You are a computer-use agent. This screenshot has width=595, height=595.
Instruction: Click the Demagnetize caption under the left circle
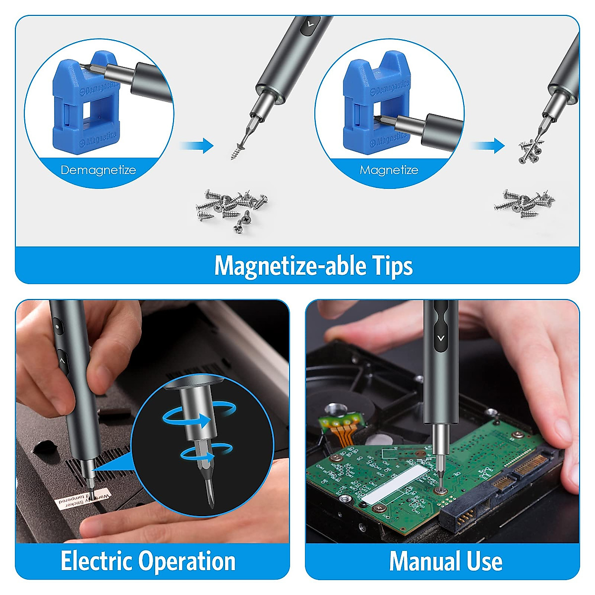pos(98,170)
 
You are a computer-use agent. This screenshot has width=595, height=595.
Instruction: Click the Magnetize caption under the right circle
pos(389,170)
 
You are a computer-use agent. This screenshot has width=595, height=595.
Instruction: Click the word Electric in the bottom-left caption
pos(97,561)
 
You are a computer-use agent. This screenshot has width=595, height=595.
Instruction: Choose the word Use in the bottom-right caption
pos(484,561)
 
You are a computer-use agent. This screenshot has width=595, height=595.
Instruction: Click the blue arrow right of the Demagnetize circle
pos(197,146)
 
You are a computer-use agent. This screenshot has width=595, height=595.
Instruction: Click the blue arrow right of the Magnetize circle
pos(488,146)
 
